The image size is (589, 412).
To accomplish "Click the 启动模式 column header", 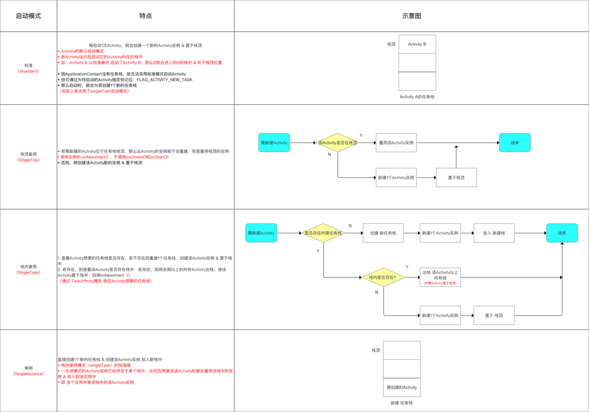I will [x=28, y=16].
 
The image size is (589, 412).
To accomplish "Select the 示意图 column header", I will [x=411, y=16].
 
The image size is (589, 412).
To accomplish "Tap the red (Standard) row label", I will [x=28, y=71].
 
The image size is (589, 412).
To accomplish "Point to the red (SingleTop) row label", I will [x=28, y=160].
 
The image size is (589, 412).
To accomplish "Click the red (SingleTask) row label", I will [x=28, y=273].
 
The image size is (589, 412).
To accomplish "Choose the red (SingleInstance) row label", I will [x=28, y=374].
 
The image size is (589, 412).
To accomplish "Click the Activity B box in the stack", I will [x=417, y=44].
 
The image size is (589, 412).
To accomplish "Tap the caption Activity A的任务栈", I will [x=417, y=96].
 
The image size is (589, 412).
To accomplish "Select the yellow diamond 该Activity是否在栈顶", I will [x=337, y=143].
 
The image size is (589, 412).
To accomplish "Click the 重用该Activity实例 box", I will [x=396, y=143].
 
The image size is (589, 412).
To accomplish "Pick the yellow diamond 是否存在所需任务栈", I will [x=323, y=233].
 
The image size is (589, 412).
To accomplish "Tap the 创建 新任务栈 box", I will [x=383, y=233].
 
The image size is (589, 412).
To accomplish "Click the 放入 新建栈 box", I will [x=494, y=233].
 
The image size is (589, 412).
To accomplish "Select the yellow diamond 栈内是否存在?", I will [x=383, y=277].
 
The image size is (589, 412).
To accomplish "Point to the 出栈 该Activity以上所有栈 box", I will [x=440, y=277].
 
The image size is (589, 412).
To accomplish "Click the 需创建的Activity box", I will [x=402, y=387].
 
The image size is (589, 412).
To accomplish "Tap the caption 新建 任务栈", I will [x=402, y=403].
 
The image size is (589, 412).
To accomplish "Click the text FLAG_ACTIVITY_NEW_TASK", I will [x=164, y=80].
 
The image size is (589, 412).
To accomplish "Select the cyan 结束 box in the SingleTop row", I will [x=514, y=143].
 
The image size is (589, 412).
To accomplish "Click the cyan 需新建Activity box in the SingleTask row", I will [x=261, y=233].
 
